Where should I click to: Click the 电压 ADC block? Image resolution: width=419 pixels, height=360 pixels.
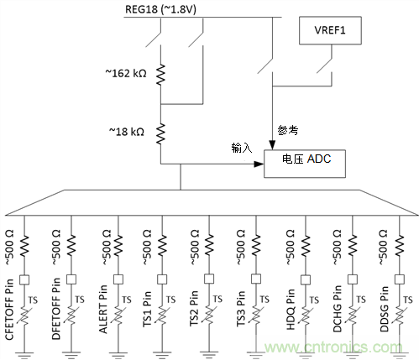tap(299, 160)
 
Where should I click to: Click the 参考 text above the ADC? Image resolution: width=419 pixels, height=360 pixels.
tap(287, 130)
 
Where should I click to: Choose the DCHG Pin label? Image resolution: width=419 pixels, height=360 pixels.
tap(335, 310)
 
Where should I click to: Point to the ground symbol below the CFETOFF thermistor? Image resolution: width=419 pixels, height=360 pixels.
tap(27, 350)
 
